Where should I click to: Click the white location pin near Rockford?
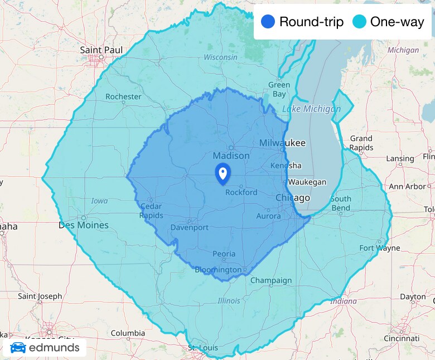(223, 173)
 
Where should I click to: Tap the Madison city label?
(228, 155)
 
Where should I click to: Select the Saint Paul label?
(101, 50)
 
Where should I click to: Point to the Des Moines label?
(84, 225)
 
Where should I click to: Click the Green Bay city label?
(279, 89)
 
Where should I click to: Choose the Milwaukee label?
(282, 143)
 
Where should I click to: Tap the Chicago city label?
(293, 198)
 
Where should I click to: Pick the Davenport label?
(189, 227)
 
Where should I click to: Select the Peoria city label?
(224, 254)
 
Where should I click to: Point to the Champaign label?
(271, 280)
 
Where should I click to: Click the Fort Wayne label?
(380, 248)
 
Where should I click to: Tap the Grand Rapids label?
(361, 143)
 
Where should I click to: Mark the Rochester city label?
(123, 96)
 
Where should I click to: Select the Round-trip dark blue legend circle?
(268, 22)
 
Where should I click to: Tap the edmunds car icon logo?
(18, 348)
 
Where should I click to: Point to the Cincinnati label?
(402, 338)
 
